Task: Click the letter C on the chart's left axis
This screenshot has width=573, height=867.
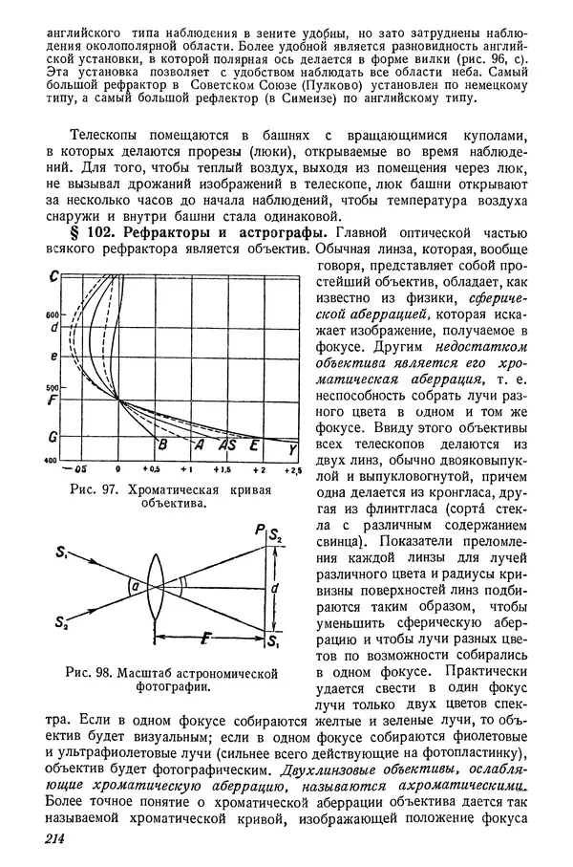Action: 56,277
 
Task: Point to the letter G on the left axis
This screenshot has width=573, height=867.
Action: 55,437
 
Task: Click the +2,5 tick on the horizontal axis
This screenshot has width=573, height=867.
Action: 291,471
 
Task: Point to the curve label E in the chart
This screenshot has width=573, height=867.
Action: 253,445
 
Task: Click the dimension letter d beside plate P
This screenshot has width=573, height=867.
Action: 274,588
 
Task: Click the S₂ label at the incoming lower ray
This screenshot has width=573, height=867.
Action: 63,624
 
